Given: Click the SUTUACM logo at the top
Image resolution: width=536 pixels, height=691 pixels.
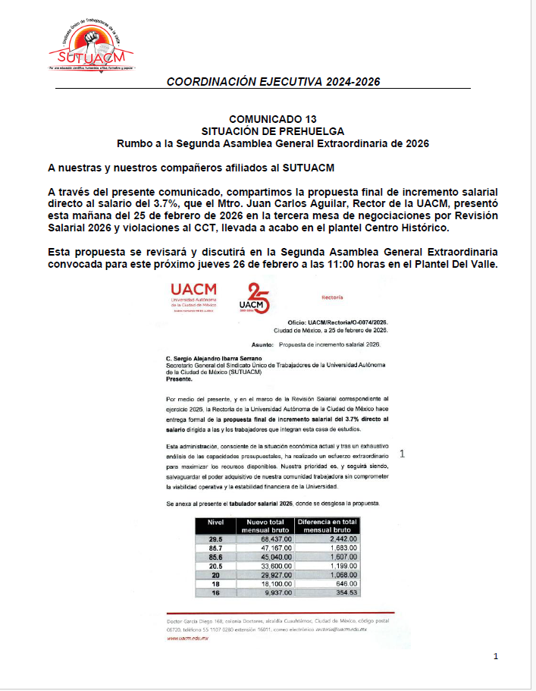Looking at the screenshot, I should [91, 46].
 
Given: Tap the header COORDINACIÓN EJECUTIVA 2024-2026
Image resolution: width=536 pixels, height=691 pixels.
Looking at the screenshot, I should [273, 82].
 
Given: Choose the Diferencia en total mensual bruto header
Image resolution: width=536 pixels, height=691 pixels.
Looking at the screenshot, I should [327, 526].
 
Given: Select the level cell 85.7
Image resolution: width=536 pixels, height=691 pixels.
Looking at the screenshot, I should [215, 547].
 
